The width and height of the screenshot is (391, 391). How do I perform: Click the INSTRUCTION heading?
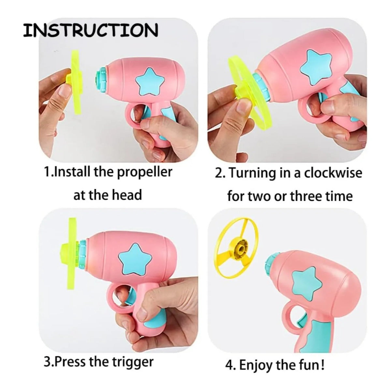click(x=90, y=30)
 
